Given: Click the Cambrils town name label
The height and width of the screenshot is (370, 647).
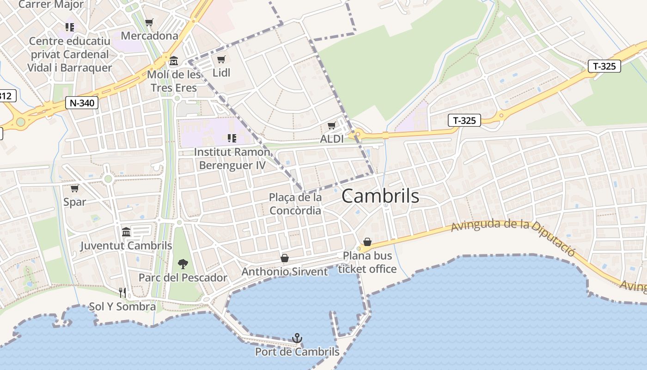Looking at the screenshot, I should click(x=380, y=196).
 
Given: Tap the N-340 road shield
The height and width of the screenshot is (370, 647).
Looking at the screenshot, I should click(x=82, y=103).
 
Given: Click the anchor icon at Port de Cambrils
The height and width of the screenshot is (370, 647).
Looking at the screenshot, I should click(x=297, y=338).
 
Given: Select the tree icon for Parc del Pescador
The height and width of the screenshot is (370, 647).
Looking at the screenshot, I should click(x=183, y=264).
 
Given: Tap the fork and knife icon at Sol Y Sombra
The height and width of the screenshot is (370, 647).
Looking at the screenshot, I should click(x=122, y=292).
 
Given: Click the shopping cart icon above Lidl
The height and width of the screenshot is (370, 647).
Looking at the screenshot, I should click(x=221, y=59).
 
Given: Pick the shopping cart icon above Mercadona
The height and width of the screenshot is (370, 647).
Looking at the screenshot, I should click(x=149, y=22).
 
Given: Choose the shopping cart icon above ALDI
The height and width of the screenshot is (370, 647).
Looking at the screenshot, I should click(x=331, y=125).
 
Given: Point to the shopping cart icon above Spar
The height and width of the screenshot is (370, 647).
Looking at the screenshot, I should click(x=74, y=188).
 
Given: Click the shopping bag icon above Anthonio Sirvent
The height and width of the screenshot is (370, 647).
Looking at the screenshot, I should click(x=285, y=258).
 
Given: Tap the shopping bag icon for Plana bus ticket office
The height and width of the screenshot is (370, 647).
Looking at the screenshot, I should click(x=367, y=242).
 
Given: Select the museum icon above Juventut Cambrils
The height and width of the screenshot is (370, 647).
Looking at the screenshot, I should click(x=126, y=232).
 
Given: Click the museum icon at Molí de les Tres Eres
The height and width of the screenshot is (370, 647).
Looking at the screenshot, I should click(x=173, y=61).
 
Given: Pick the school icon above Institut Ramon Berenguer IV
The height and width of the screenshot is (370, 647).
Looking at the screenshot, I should click(x=232, y=138).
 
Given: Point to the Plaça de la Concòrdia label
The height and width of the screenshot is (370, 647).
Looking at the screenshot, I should click(x=295, y=204).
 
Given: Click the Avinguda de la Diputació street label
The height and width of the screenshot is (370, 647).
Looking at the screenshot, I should click(x=513, y=235).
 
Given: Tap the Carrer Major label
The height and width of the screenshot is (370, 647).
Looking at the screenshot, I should click(x=51, y=5).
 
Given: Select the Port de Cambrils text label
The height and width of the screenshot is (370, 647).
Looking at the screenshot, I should click(x=297, y=352).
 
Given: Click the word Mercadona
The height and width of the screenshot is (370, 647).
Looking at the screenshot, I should click(x=149, y=36).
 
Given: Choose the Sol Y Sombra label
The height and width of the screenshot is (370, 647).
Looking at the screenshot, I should click(x=122, y=306).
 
